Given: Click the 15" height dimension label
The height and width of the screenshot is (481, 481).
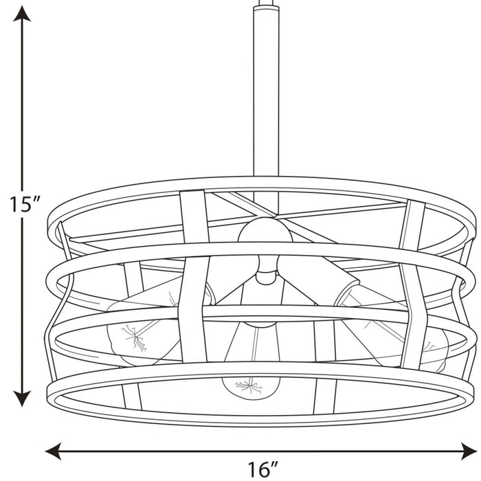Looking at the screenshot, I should click(25, 204).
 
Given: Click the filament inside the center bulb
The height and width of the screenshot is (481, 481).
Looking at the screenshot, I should click(249, 386).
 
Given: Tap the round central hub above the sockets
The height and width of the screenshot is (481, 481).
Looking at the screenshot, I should click(265, 234).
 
